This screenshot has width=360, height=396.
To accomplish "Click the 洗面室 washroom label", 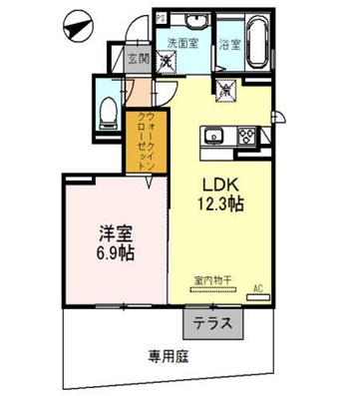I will [x=183, y=43].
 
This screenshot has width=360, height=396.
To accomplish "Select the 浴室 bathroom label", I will [x=228, y=44].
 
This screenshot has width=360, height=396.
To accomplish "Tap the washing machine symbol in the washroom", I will [x=168, y=62].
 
